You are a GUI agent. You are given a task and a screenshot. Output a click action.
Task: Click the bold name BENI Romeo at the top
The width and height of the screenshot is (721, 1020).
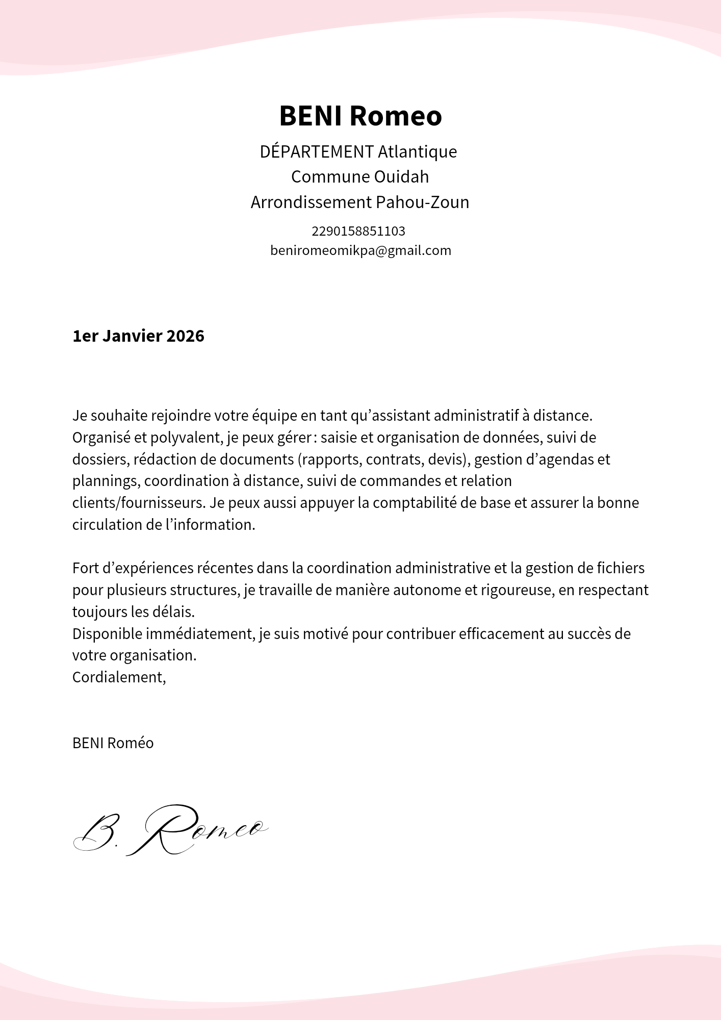pos(360,116)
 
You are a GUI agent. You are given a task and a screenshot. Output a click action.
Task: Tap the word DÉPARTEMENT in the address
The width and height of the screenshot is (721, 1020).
pos(317,152)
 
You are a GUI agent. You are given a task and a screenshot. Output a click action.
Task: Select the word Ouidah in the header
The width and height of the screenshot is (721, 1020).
pos(401,177)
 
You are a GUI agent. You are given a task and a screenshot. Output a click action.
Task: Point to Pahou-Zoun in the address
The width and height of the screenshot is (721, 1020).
pos(422,202)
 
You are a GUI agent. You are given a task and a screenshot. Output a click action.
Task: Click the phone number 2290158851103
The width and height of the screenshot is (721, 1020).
pos(358,232)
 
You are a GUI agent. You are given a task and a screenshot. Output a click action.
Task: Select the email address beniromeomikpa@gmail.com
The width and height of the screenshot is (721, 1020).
pos(360,250)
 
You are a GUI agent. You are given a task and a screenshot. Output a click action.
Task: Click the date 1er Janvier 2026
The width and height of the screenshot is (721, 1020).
pos(138,336)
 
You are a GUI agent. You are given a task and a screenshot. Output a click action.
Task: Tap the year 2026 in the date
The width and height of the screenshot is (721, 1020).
pos(185,336)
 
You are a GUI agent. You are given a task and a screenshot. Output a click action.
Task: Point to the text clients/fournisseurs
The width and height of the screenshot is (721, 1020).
pos(138,503)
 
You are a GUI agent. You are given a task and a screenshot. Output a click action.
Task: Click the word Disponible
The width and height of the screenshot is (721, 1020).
pos(107,634)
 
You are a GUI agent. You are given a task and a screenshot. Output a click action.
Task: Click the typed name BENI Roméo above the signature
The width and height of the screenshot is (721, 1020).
pos(113,743)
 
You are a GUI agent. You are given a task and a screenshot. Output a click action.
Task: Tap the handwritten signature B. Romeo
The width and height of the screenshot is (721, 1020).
pos(170,830)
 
